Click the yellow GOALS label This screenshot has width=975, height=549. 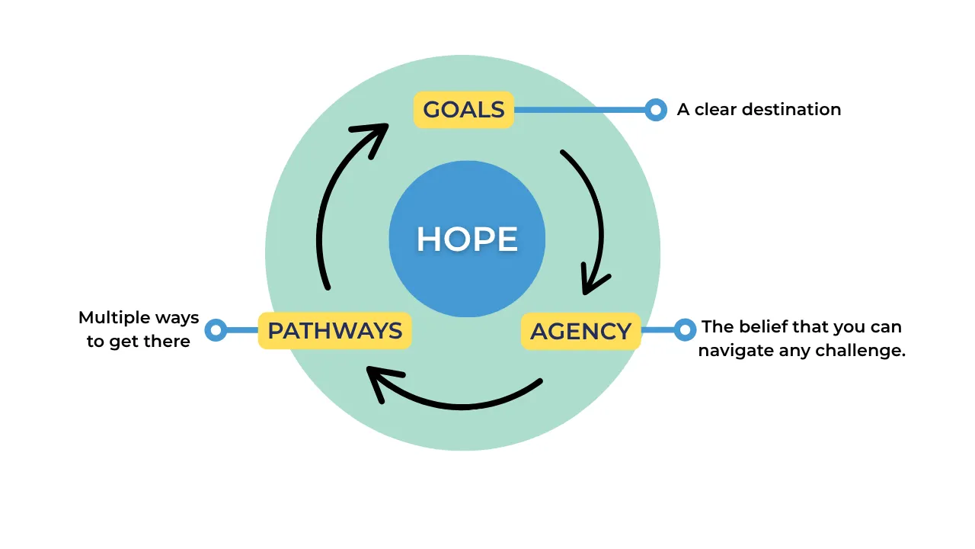[x=464, y=110]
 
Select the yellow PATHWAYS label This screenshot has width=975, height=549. [x=334, y=331]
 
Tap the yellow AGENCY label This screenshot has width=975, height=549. [x=580, y=332]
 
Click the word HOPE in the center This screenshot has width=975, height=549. [x=467, y=239]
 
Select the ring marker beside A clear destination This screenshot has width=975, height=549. [x=655, y=110]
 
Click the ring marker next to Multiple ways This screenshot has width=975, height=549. [x=216, y=330]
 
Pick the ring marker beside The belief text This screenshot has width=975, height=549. [x=685, y=329]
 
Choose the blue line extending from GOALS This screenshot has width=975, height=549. [x=579, y=110]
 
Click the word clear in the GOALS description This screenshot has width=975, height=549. [x=714, y=110]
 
